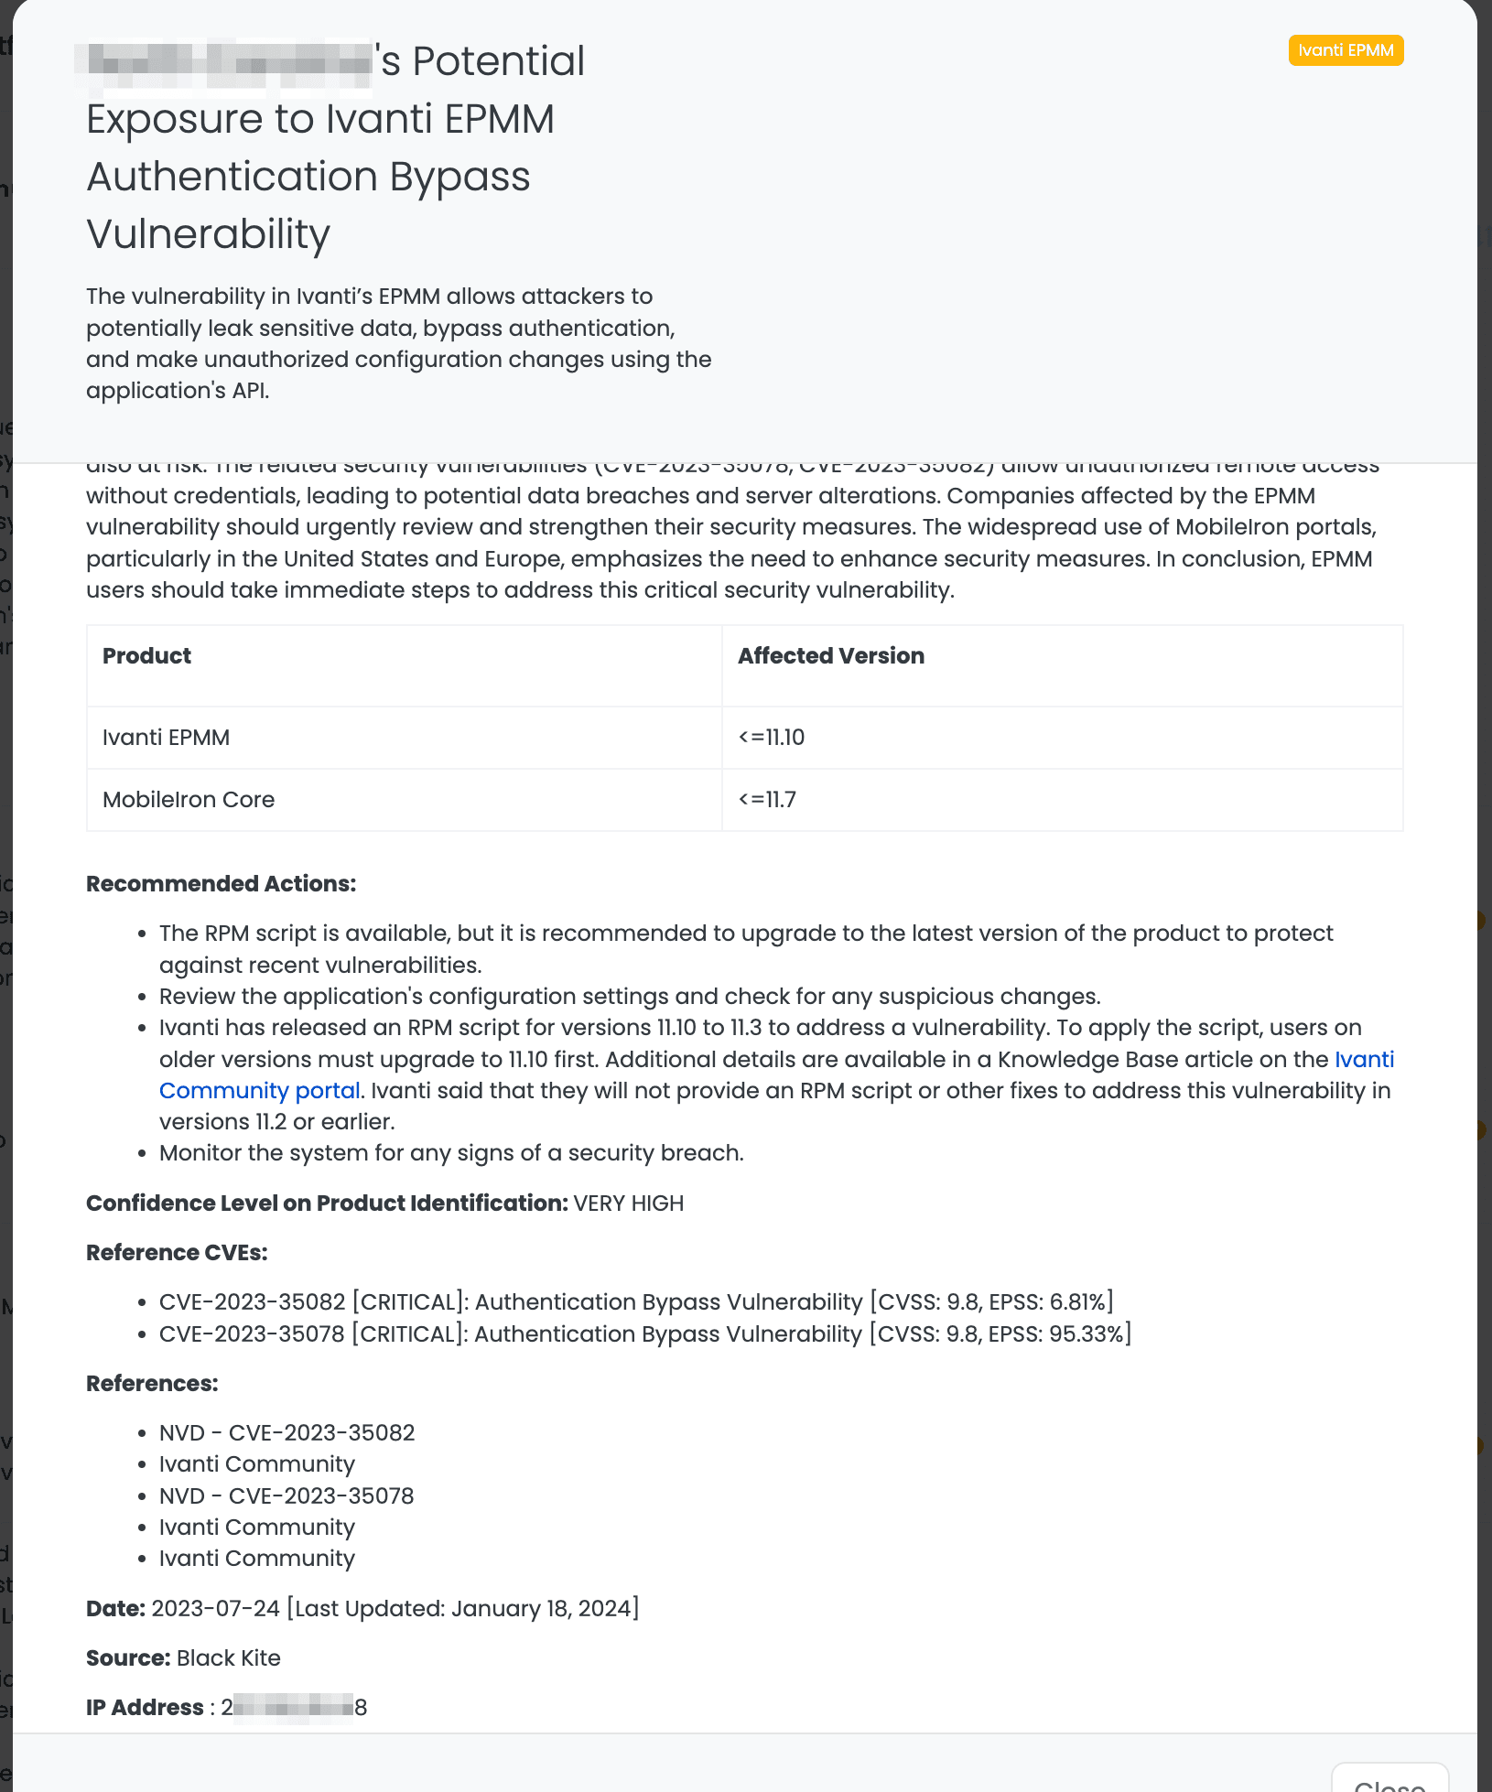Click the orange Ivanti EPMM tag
(x=1346, y=50)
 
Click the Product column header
(x=146, y=656)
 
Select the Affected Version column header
(x=831, y=656)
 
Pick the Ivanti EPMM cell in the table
(x=166, y=738)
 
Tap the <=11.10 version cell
(x=772, y=738)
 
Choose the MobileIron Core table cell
(x=189, y=800)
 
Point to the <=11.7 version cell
(x=767, y=800)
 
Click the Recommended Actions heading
(x=221, y=884)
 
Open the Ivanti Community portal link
(x=260, y=1091)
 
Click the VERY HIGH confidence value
(x=629, y=1204)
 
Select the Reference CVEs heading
(x=177, y=1253)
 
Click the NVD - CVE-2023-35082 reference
(x=287, y=1433)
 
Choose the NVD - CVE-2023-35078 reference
(x=287, y=1496)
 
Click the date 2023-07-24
(x=215, y=1609)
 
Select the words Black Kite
(x=228, y=1658)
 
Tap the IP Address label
(x=145, y=1708)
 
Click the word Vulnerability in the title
(x=208, y=234)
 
